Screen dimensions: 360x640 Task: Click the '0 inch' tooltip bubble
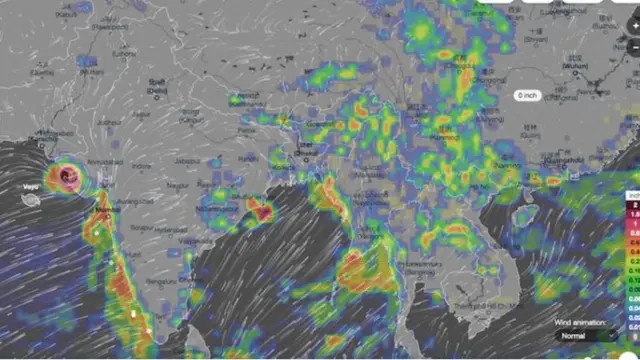point(527,95)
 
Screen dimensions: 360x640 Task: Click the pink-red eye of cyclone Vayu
point(68,177)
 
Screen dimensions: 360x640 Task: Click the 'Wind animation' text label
point(579,323)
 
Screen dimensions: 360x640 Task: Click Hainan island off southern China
point(524,213)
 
